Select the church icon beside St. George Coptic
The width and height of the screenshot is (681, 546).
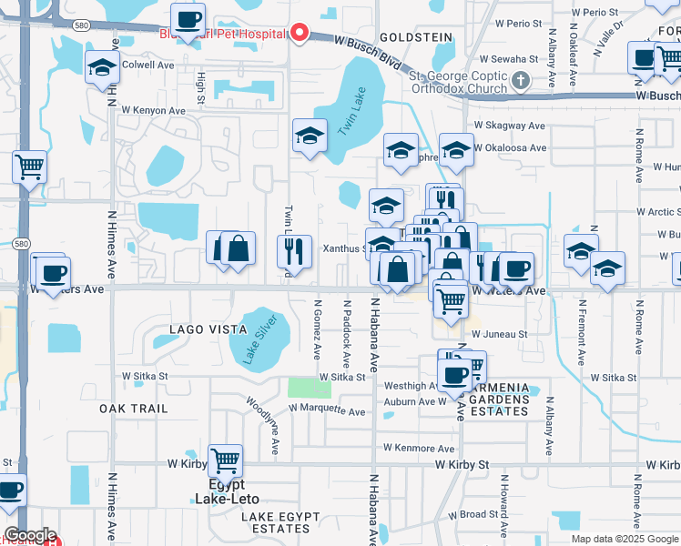tap(521, 82)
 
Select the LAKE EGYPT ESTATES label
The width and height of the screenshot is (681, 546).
tap(281, 522)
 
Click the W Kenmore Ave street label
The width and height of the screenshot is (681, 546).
tap(419, 449)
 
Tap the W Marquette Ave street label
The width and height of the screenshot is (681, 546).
tap(327, 410)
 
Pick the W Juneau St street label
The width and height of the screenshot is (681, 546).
tap(500, 335)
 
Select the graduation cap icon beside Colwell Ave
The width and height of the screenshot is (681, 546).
tap(102, 66)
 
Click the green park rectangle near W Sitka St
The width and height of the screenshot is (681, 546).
tap(310, 388)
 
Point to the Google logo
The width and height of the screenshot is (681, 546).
tap(29, 536)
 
